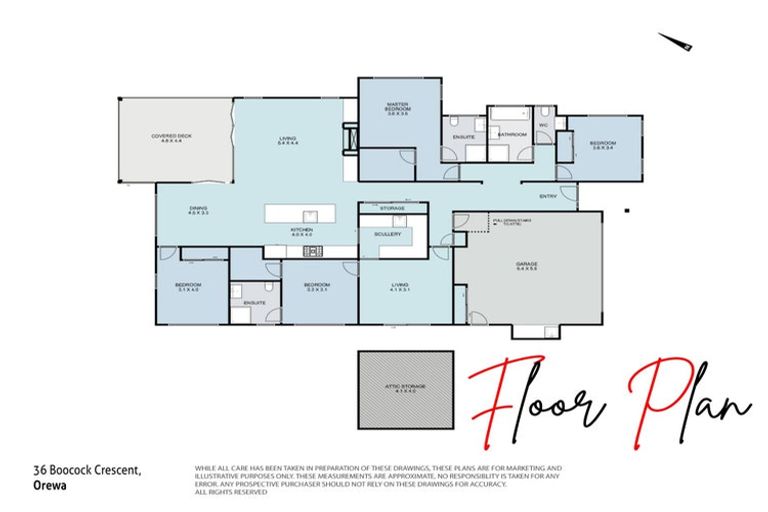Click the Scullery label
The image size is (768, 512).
pos(389,234)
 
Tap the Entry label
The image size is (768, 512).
pos(547,195)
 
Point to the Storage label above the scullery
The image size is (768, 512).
pos(391,208)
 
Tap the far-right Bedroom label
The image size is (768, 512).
pos(602,146)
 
